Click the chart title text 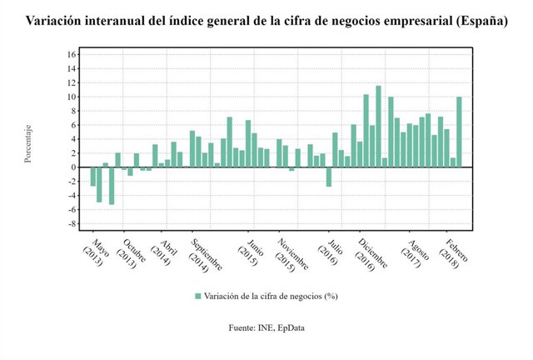266,20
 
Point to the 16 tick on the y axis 72,54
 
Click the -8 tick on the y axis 72,224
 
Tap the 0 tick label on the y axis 73,167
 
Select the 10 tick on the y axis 72,97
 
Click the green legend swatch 198,296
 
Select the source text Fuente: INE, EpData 266,329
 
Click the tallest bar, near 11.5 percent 378,126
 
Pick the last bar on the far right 459,132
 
